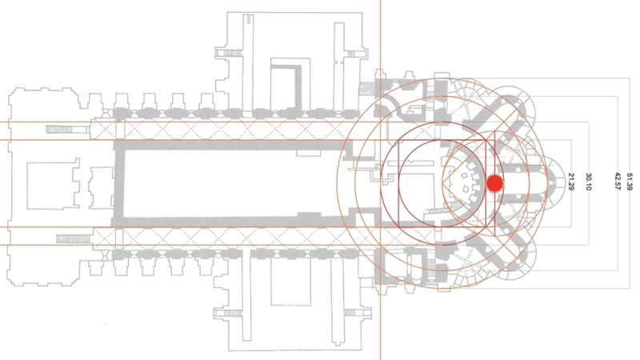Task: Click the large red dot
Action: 494,183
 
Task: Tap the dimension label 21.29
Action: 571,182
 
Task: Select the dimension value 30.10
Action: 589,182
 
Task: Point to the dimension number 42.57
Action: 618,182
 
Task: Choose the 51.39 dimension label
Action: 629,182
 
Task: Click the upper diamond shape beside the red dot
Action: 465,176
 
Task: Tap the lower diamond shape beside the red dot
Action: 465,189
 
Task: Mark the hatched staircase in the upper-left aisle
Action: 67,130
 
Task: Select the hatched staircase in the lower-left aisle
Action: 74,238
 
